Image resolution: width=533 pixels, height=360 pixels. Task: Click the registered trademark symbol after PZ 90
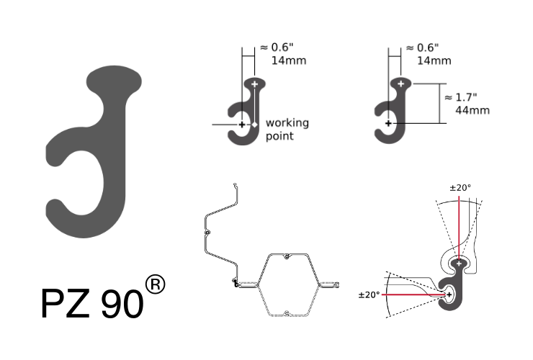click(x=155, y=284)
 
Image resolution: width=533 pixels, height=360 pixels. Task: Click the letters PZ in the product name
click(x=66, y=303)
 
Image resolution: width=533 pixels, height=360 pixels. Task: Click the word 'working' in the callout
click(x=287, y=123)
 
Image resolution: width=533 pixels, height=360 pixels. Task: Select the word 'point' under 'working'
click(x=279, y=136)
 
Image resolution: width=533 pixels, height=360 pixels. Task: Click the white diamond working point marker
click(x=254, y=125)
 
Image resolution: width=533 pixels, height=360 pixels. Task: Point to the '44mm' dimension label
click(x=472, y=110)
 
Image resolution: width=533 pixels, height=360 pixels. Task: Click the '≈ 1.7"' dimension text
click(x=461, y=97)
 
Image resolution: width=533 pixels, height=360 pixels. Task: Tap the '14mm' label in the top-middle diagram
click(x=289, y=60)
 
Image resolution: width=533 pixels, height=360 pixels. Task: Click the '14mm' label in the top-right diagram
click(x=434, y=60)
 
